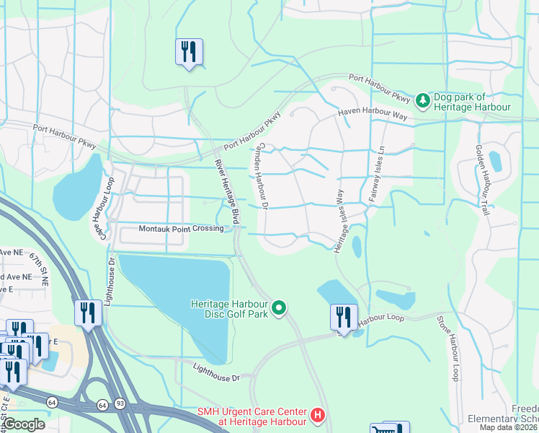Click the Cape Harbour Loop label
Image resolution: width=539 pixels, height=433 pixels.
[105, 206]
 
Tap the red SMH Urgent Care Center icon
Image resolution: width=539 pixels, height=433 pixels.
[318, 416]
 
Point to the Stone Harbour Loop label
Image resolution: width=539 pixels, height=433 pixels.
[447, 348]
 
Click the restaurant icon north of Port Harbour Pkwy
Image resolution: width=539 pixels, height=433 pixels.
[189, 52]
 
